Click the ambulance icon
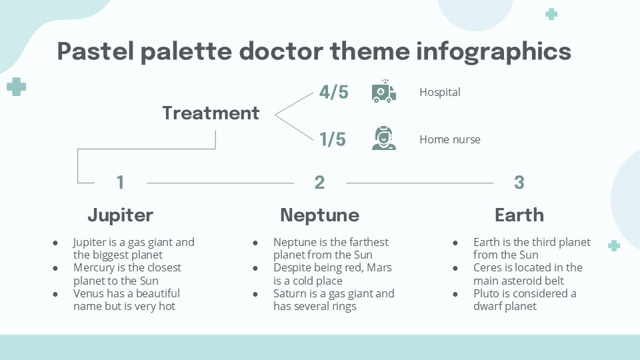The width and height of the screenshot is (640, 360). [x=383, y=92]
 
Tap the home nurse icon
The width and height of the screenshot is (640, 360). [x=383, y=138]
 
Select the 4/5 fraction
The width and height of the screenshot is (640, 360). [x=333, y=92]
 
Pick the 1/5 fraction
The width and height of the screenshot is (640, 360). [x=332, y=139]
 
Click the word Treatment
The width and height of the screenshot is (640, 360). [x=211, y=113]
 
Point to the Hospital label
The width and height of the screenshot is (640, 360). [x=440, y=92]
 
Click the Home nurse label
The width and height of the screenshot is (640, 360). [x=450, y=139]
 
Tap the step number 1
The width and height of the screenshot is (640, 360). [x=120, y=182]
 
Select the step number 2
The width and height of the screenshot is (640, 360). [x=319, y=182]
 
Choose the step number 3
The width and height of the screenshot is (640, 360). [x=519, y=182]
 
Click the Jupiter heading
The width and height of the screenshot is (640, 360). [x=120, y=215]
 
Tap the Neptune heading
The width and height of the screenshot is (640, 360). [x=319, y=215]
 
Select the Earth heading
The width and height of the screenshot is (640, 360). [x=519, y=215]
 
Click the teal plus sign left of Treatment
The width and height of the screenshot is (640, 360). [x=16, y=86]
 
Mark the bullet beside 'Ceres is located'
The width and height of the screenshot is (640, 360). [x=455, y=268]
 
